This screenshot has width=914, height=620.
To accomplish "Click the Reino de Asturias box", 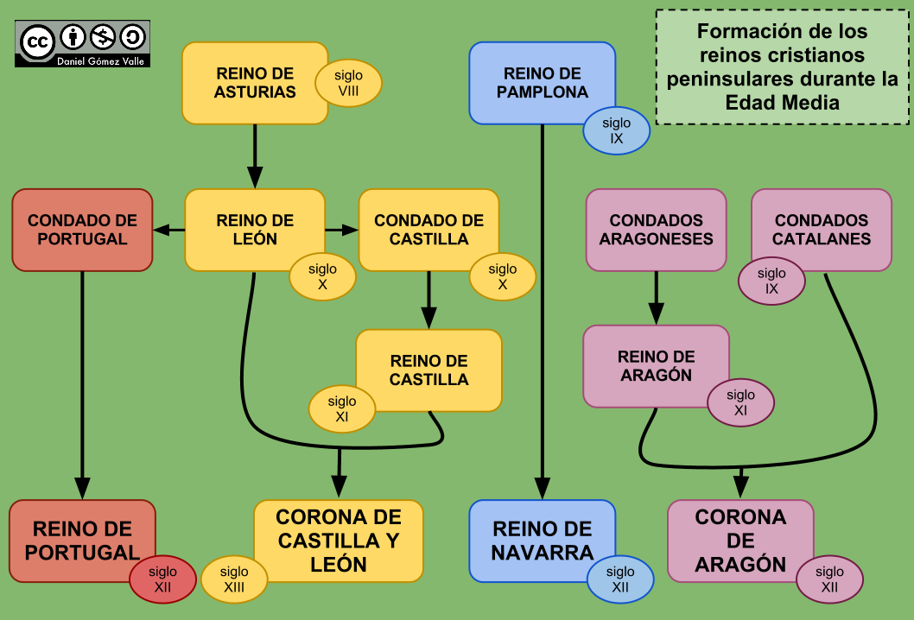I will click(251, 82).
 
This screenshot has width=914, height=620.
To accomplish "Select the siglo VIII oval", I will click(348, 84).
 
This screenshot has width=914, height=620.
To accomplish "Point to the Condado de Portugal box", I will click(82, 230).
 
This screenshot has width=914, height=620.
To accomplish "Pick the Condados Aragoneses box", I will click(656, 229).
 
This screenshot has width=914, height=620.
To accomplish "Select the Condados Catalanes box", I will click(821, 229).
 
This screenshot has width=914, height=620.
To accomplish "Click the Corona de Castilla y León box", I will click(339, 541).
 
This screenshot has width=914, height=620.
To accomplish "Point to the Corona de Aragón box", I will click(739, 540).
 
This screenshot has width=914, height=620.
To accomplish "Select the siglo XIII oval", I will click(234, 579).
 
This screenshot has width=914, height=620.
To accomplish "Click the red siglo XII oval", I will click(162, 579).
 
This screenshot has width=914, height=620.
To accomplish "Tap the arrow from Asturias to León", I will click(255, 155).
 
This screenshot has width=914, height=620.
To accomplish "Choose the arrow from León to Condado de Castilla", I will click(342, 230).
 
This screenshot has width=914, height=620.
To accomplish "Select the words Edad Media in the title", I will click(782, 102).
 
